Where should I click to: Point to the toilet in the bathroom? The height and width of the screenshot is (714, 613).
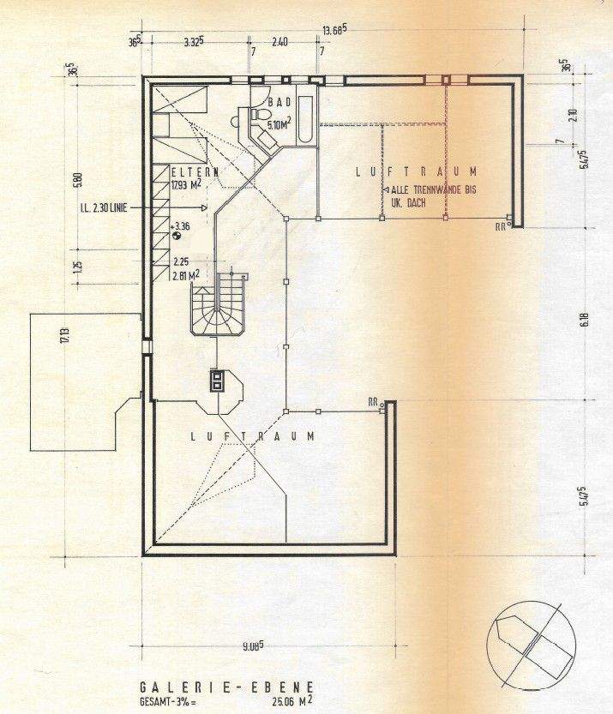point(258,117)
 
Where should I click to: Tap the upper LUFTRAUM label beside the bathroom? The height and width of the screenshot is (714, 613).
point(415,172)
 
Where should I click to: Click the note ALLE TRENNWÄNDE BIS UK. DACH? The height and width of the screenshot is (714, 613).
point(426,196)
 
